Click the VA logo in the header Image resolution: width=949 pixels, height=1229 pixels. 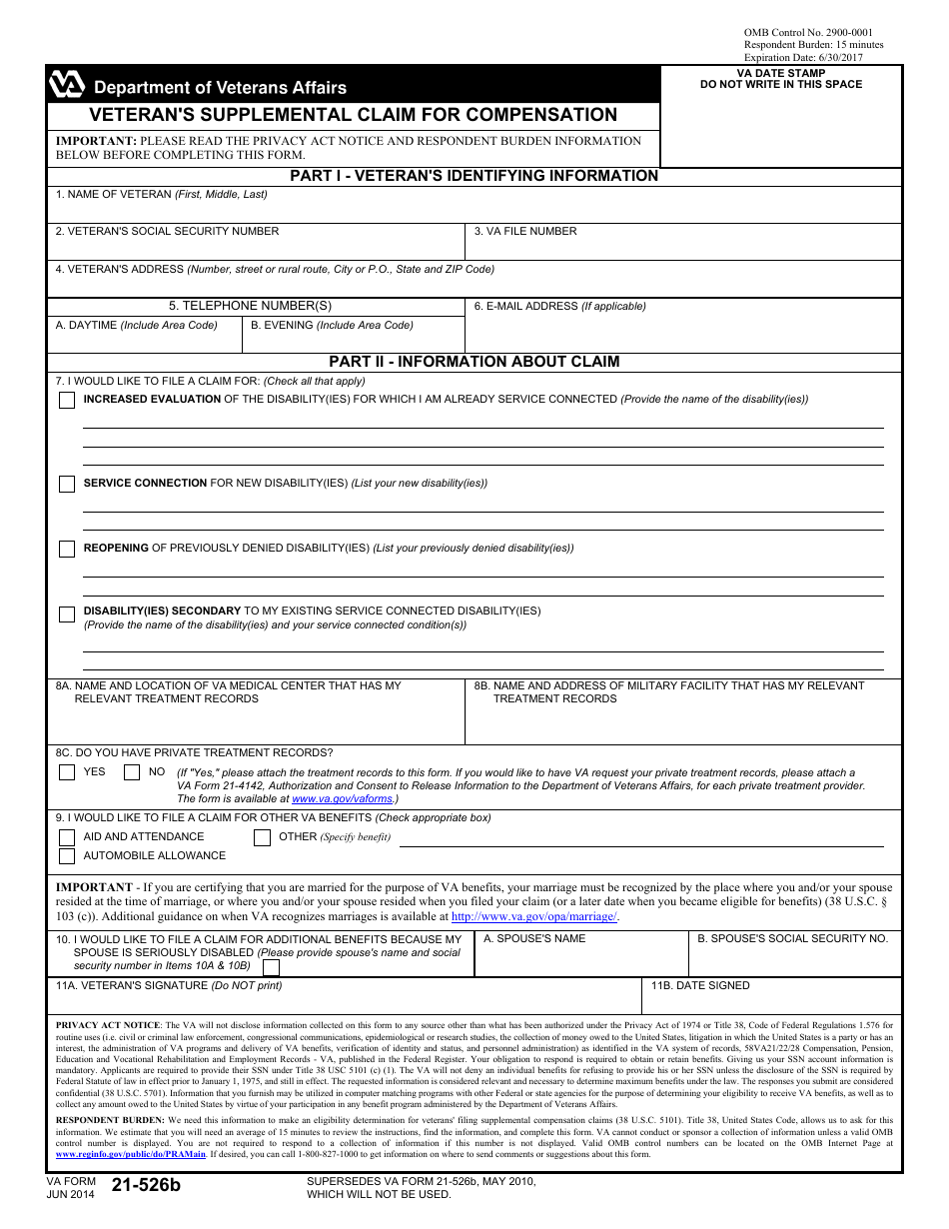(x=67, y=86)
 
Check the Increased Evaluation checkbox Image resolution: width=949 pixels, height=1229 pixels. (x=67, y=400)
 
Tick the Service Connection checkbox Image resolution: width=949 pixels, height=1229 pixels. (x=67, y=484)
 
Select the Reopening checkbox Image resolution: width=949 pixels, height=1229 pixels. (x=67, y=549)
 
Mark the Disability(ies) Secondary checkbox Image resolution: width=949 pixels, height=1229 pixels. (x=67, y=614)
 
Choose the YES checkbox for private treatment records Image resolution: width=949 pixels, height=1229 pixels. (x=67, y=772)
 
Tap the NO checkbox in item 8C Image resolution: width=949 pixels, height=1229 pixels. (x=132, y=772)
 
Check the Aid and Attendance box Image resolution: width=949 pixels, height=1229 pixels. (x=67, y=837)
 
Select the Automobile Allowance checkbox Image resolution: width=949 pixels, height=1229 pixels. (x=67, y=856)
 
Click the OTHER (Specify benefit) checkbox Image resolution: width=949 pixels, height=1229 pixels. (x=262, y=837)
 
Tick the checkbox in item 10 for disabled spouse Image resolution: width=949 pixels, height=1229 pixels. (x=271, y=966)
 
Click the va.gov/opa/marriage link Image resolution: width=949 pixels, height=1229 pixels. (x=533, y=916)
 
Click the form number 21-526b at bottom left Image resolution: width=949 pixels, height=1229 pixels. (x=146, y=1186)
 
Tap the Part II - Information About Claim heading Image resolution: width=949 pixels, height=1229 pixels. (x=474, y=362)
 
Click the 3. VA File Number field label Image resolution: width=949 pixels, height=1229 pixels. (x=525, y=231)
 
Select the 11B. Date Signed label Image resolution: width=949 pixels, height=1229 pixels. (x=700, y=985)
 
